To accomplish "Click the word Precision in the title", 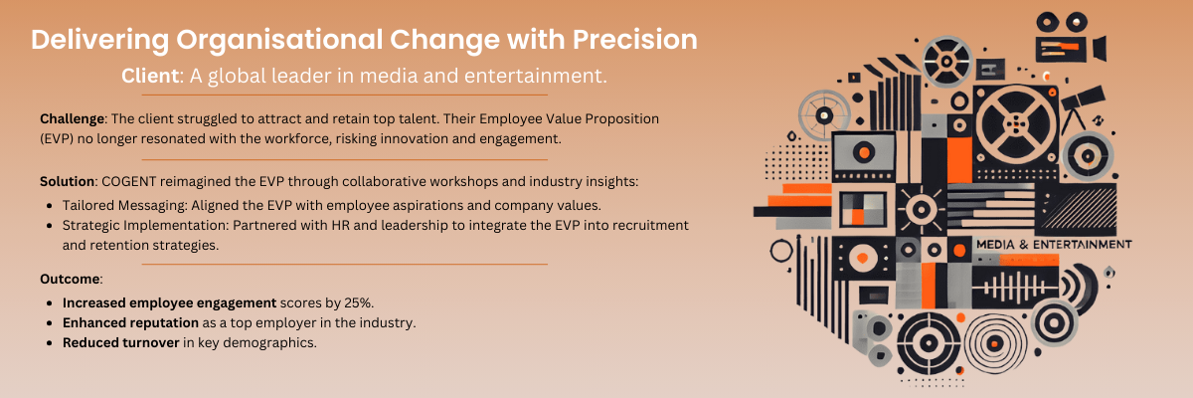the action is (634, 40).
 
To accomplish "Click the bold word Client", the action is (150, 76).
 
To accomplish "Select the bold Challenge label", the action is (72, 118).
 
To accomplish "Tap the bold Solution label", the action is (68, 181).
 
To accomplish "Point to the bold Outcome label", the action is (70, 279).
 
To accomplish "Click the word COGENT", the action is (129, 181).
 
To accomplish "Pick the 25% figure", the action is (359, 302).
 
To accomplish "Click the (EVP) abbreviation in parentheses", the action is (57, 139).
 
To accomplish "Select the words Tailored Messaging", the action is (124, 206).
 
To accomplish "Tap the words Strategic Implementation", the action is (145, 226).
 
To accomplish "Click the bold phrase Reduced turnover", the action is (121, 342).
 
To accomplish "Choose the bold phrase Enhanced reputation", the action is (130, 322).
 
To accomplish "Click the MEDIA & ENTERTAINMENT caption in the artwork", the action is (1054, 245).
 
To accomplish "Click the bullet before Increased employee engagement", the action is (50, 303).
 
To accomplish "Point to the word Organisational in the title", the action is (279, 40).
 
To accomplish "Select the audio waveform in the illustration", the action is (1014, 288).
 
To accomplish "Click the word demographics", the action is (269, 342).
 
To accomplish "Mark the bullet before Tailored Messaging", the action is (50, 206).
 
